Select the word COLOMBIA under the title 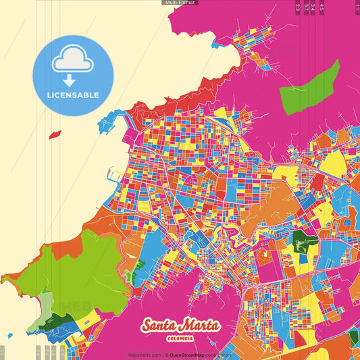click(180, 338)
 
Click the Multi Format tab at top click(180, 3)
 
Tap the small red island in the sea click(55, 134)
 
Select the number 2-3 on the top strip click(298, 7)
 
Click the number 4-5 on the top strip click(322, 7)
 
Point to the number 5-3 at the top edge click(306, 7)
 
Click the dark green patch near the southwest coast click(49, 322)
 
